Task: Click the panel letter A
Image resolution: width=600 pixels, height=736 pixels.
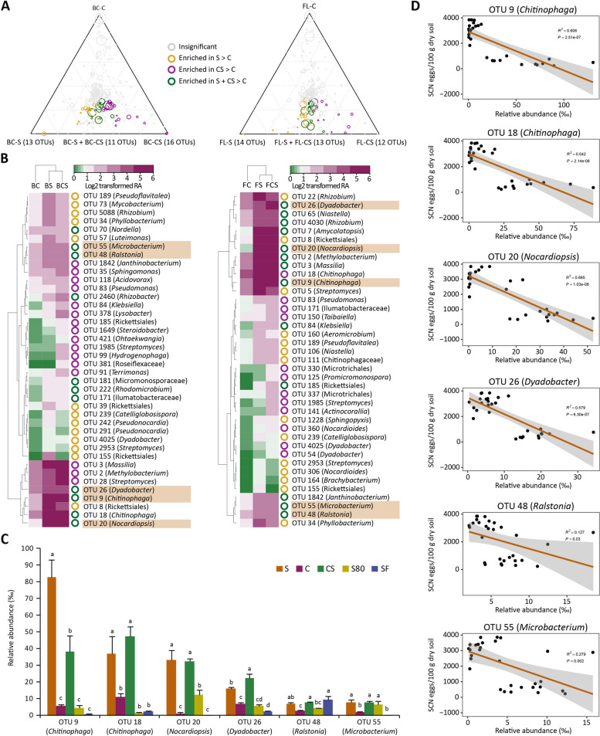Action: pos(7,7)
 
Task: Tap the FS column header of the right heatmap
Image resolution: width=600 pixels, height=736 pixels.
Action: pos(262,185)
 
